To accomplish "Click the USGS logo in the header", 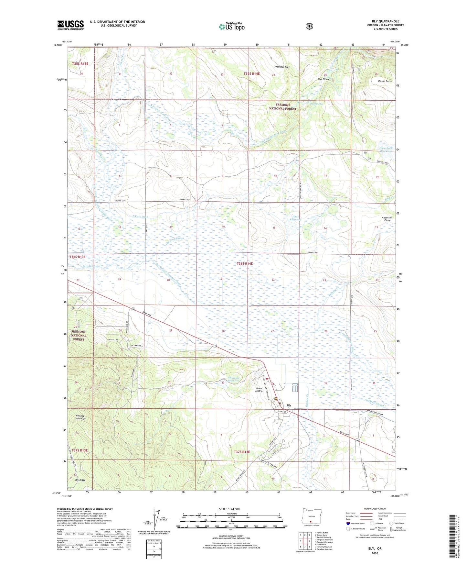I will click(x=70, y=25).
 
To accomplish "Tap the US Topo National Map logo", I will click(x=231, y=26).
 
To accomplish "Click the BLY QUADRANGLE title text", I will click(x=385, y=21).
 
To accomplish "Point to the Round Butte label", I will click(x=385, y=81).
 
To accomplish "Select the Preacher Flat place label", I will click(x=281, y=67).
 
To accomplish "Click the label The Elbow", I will click(x=323, y=79).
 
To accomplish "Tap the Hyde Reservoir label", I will click(x=294, y=218).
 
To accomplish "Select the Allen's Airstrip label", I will click(x=259, y=390).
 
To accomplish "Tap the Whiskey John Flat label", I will click(x=80, y=417).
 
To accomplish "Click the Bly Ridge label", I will click(x=80, y=480).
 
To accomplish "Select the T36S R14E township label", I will click(x=245, y=264).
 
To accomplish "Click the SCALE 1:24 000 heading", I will click(x=229, y=509).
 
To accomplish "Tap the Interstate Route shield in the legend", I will click(x=348, y=523).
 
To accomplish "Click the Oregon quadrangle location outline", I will click(x=310, y=523).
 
